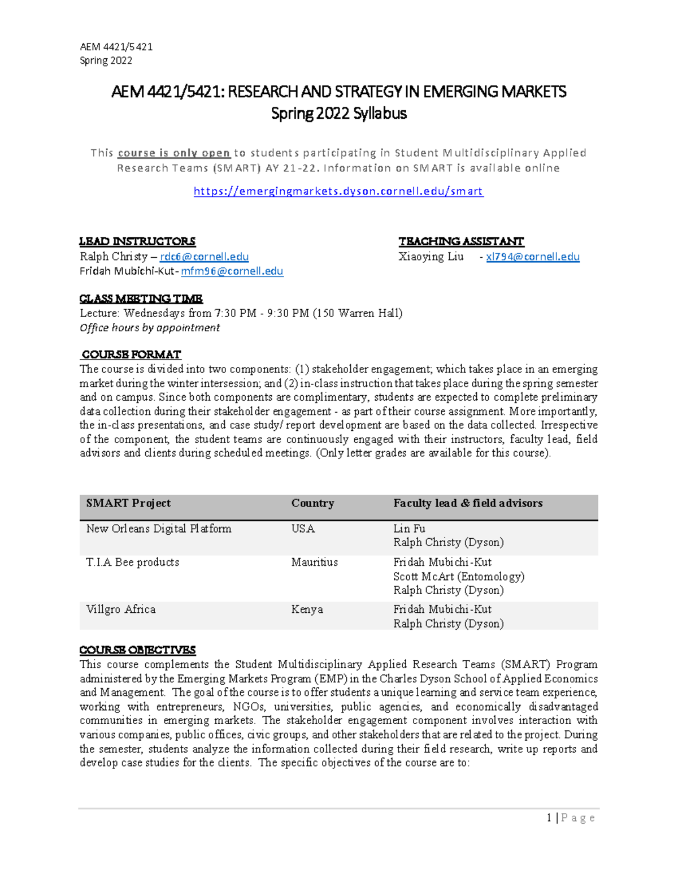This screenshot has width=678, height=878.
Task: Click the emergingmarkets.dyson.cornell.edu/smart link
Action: (x=338, y=191)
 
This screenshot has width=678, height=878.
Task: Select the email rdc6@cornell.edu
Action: (x=204, y=257)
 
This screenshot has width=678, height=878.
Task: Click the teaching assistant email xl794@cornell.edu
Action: (x=533, y=257)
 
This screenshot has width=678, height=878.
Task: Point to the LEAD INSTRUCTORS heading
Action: (x=137, y=241)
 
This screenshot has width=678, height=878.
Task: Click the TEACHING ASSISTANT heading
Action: (x=461, y=241)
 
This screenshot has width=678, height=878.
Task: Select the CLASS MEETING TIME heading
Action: (x=141, y=299)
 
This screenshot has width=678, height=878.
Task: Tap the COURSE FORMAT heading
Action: (x=131, y=354)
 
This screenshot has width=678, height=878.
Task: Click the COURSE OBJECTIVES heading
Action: (x=137, y=650)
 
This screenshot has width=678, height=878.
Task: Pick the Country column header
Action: (x=312, y=503)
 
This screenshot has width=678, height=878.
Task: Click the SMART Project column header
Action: (x=128, y=503)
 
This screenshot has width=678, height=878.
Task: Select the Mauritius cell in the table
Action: (x=314, y=562)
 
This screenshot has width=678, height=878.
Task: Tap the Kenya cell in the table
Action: (x=307, y=609)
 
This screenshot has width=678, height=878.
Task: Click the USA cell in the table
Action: (x=303, y=529)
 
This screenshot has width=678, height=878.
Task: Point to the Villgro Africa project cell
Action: (x=120, y=609)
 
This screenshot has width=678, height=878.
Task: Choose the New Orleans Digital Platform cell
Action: (x=159, y=529)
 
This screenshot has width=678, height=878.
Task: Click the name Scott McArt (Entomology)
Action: (x=459, y=577)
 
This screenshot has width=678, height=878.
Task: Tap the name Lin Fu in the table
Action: (x=409, y=529)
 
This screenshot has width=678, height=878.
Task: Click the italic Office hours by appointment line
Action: (x=150, y=328)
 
